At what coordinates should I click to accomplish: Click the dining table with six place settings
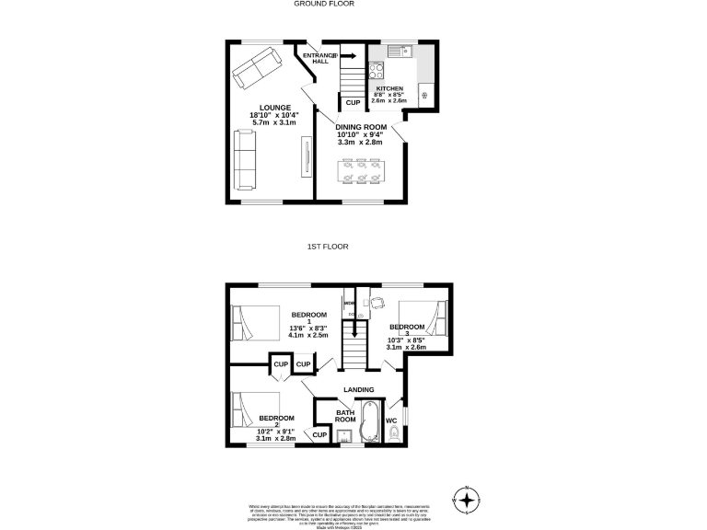coord(362,171)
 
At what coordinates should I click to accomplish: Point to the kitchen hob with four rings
coord(377,72)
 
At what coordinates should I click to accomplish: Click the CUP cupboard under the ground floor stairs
coord(353,102)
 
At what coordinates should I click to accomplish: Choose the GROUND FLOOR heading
coord(324,4)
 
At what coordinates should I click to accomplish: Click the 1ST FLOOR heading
coord(327,247)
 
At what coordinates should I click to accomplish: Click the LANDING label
coord(358,390)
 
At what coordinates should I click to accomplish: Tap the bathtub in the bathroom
coord(369,423)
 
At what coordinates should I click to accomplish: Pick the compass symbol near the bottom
coord(468,500)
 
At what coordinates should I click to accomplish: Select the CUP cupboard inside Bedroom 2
coord(320,434)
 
